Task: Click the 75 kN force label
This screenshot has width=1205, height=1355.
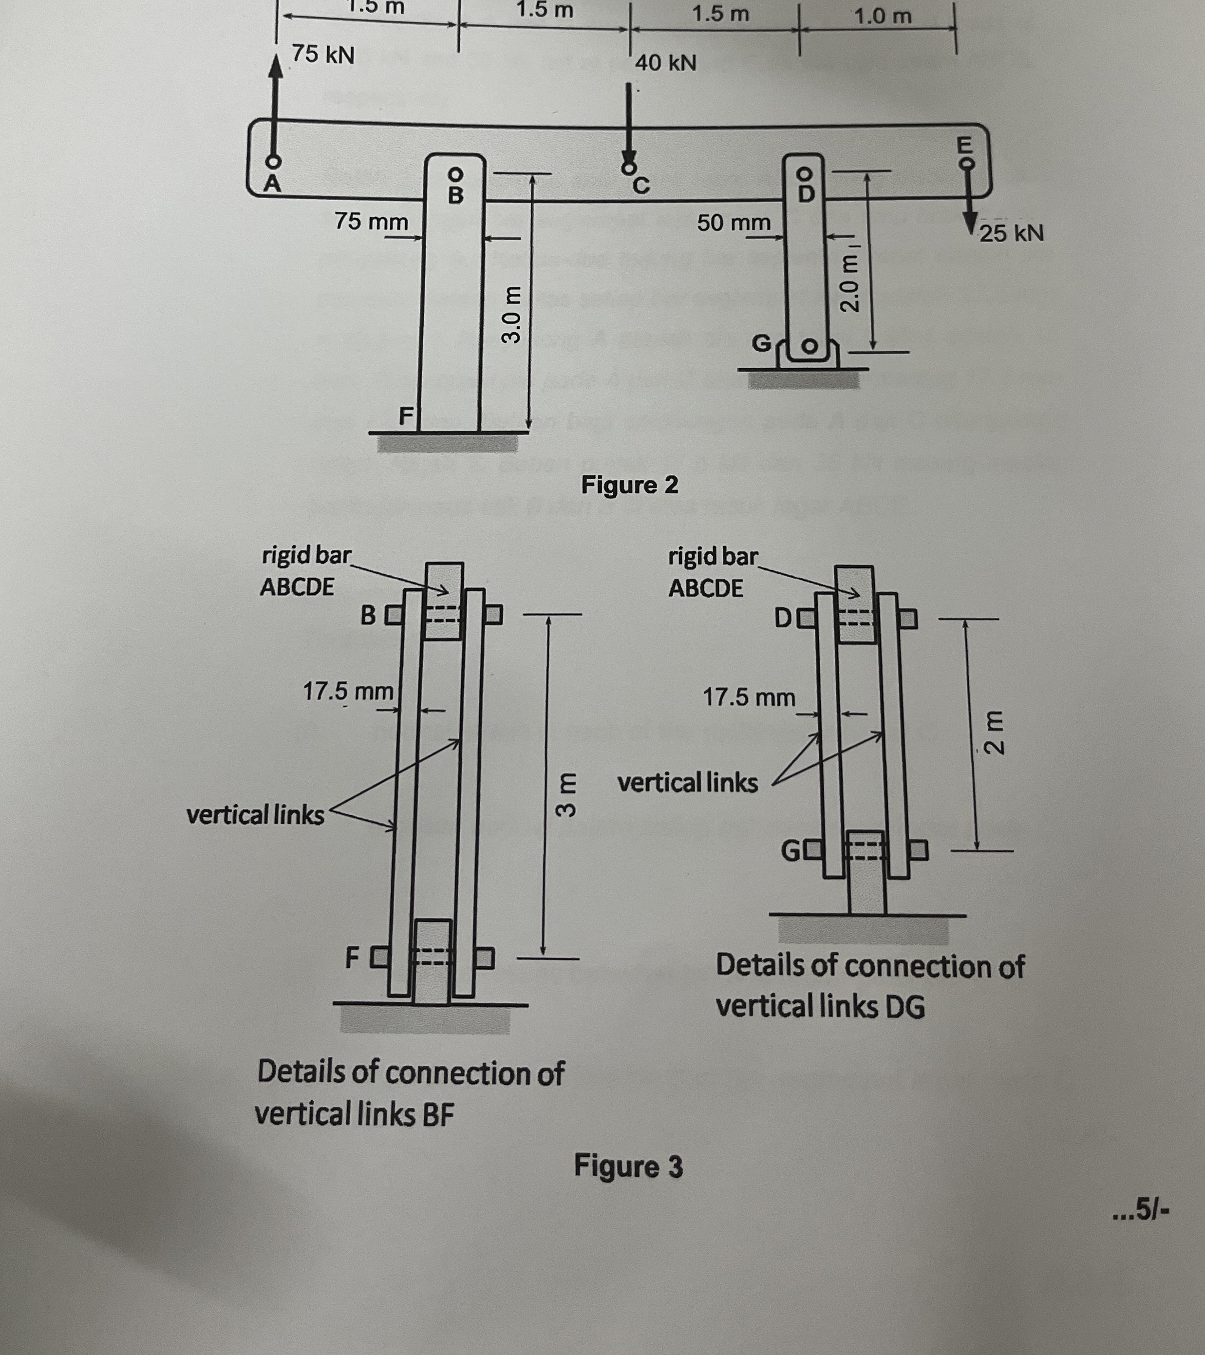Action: tap(323, 55)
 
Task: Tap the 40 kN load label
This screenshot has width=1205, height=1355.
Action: tap(665, 63)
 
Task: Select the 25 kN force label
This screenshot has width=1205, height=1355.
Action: tap(1012, 233)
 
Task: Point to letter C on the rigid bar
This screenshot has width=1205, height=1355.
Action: tap(640, 186)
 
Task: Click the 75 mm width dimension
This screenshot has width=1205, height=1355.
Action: tap(371, 222)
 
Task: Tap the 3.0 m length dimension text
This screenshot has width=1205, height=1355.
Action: tap(510, 315)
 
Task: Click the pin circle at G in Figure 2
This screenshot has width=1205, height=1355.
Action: tap(810, 346)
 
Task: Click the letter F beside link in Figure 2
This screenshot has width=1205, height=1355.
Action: tap(405, 416)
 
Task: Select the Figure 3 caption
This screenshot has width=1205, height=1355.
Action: tap(628, 1166)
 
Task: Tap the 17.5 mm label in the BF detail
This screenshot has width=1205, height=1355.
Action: tap(348, 692)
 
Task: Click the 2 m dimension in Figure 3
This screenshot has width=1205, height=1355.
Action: tap(994, 733)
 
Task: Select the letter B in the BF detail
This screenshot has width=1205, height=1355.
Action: tap(368, 615)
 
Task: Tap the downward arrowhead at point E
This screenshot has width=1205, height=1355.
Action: tap(968, 222)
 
